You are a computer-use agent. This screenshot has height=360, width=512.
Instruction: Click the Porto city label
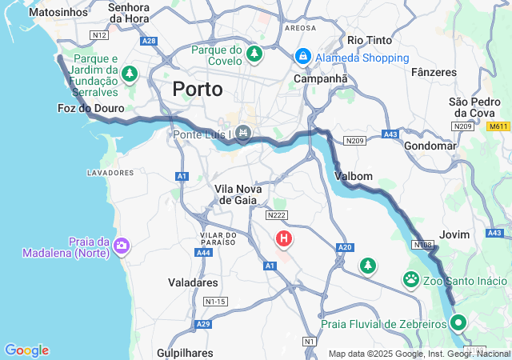coord(203,89)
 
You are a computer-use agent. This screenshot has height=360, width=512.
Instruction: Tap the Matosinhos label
coord(57,13)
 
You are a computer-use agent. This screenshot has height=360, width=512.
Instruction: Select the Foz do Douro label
coord(91,108)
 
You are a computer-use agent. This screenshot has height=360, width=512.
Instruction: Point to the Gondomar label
coord(430,146)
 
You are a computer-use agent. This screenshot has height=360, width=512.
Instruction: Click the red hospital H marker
coord(284,238)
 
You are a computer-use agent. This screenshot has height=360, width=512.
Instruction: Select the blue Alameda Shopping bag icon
coord(303,57)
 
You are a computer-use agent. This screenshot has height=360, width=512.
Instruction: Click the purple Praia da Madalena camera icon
coord(122,245)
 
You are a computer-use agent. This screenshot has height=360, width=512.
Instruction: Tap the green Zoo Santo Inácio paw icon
coord(411,280)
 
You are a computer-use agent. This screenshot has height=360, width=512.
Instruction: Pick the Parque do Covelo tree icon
coord(254,54)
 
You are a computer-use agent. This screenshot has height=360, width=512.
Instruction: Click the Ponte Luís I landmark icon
coord(244,134)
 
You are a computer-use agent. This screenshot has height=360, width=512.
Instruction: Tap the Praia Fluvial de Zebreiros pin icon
coord(458,323)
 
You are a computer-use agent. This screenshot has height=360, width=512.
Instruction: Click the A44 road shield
coord(203,253)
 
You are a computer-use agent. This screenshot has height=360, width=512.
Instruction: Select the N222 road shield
coord(276,214)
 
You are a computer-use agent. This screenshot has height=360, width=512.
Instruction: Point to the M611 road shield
coord(498,126)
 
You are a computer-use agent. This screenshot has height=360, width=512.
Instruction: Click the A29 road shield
coord(203,324)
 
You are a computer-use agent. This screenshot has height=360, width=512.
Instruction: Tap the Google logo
coord(26,350)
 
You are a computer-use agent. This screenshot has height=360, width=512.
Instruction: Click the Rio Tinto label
coord(369,40)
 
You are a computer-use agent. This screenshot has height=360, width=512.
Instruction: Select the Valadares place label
coord(193,282)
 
